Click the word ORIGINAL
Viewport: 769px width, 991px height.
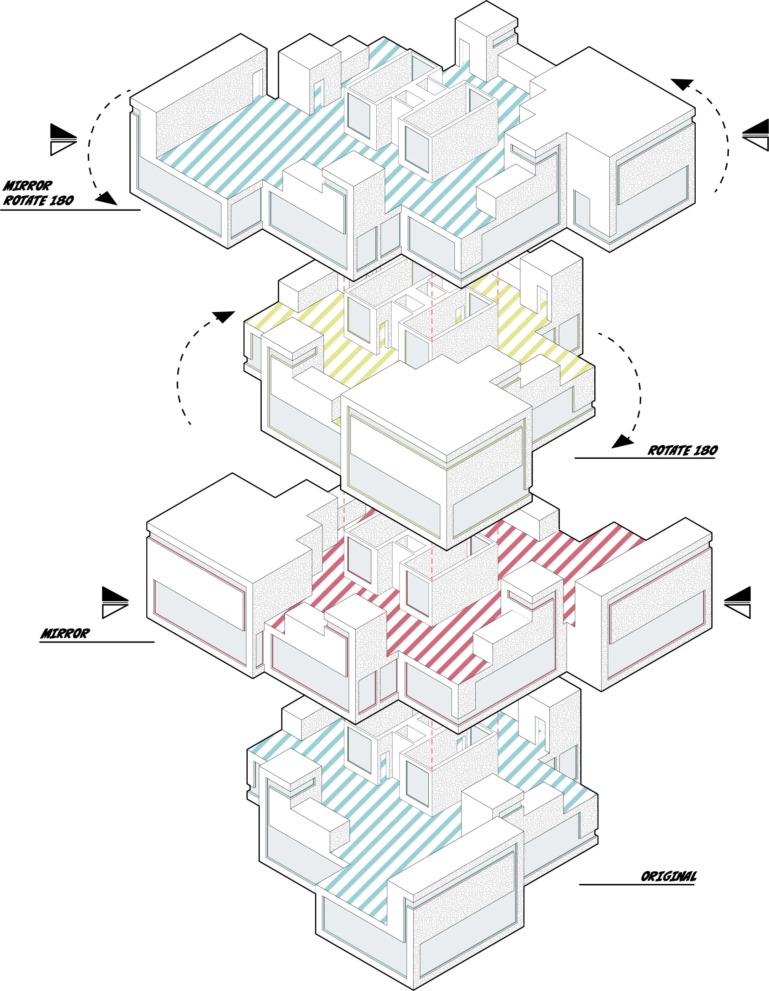click(x=668, y=876)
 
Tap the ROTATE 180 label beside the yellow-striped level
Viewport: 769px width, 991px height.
click(x=682, y=450)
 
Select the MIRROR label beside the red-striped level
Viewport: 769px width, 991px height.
click(x=65, y=633)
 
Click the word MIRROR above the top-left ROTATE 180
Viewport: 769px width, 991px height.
click(x=28, y=186)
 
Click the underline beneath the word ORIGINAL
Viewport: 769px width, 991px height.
click(x=636, y=884)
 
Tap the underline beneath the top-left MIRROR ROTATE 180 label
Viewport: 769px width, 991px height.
click(x=70, y=209)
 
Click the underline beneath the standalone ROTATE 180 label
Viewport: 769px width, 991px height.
click(x=644, y=458)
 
